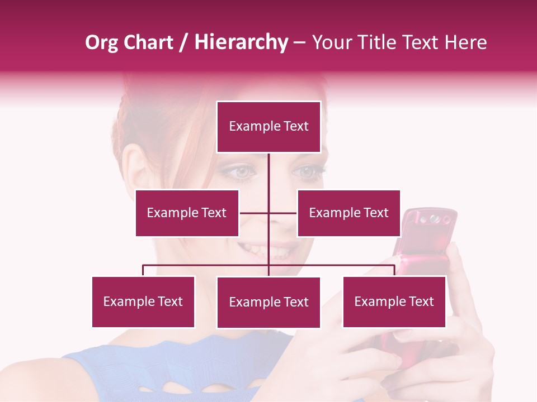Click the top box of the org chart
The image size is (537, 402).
point(268,127)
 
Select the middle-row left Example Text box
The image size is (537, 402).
point(187,213)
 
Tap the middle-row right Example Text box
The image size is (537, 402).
point(348,213)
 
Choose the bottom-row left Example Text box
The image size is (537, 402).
point(143,301)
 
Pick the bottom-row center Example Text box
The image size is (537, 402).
point(268,302)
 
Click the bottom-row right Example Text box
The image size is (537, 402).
point(394,301)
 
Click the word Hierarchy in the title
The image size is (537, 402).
point(241,42)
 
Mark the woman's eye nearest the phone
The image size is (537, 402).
point(308,172)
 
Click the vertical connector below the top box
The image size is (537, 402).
point(268,173)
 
